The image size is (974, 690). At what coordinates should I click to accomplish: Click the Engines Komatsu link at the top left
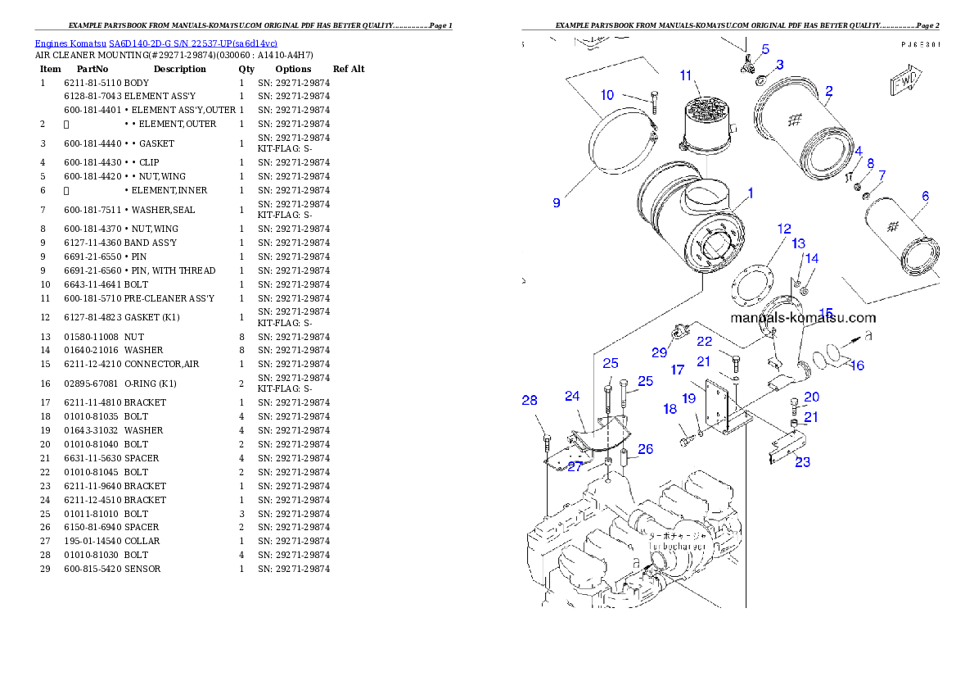(156, 43)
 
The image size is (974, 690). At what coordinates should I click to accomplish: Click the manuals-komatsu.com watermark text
(802, 318)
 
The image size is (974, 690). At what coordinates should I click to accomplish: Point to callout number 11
(686, 75)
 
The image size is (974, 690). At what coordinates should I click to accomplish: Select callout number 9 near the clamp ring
(557, 202)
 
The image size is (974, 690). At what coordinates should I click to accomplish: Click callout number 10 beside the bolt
(607, 95)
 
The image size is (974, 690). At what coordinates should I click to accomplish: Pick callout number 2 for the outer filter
(829, 90)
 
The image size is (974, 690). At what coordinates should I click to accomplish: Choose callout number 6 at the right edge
(925, 196)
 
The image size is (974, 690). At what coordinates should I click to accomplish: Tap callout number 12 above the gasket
(784, 229)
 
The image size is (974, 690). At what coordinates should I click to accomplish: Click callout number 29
(660, 352)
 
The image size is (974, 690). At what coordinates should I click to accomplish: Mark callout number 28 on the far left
(530, 400)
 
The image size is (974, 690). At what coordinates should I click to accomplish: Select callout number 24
(572, 396)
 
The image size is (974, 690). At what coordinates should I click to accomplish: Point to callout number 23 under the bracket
(803, 462)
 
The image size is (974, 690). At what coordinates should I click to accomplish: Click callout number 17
(677, 370)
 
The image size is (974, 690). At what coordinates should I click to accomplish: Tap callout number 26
(646, 448)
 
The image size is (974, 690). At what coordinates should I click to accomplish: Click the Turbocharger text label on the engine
(679, 544)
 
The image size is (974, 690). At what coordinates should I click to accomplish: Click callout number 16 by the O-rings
(857, 365)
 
